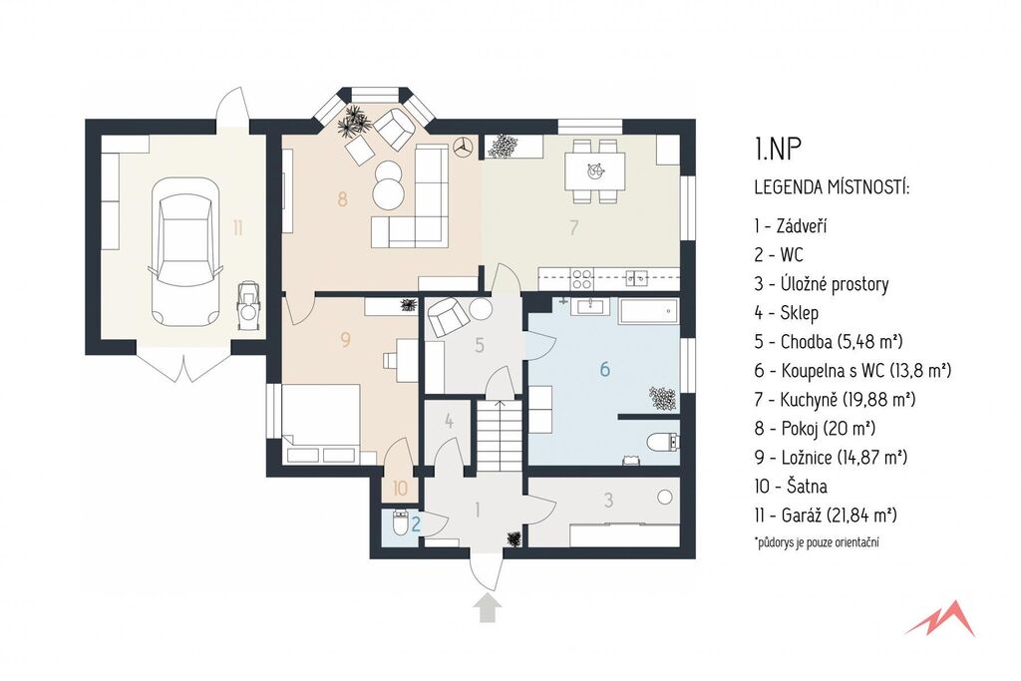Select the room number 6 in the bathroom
point(605,370)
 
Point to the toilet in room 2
point(400,522)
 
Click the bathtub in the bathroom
point(648,312)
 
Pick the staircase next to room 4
point(500,436)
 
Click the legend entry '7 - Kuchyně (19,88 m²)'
point(835,399)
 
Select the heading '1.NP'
point(777,150)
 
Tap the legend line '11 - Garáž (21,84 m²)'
point(826,514)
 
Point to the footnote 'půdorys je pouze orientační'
point(818,542)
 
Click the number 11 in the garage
point(237,228)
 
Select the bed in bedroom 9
point(321,423)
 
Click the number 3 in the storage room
point(608,500)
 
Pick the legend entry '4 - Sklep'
point(786,312)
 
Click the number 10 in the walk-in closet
point(400,487)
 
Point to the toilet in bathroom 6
point(663,443)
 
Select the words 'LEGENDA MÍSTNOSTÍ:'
point(832,187)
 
